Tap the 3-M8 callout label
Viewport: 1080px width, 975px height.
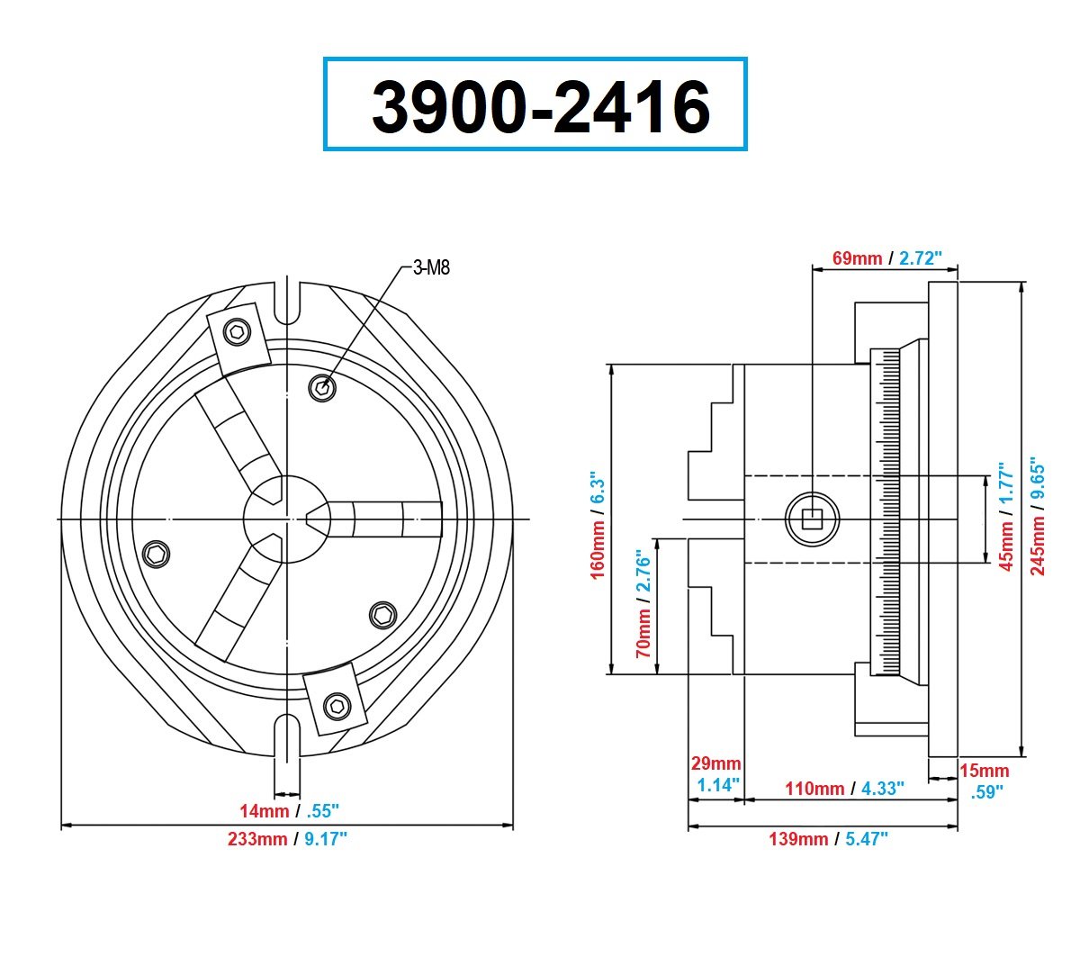[431, 267]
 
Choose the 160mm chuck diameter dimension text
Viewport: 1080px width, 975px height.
[597, 524]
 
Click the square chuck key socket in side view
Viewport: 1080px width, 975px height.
[813, 518]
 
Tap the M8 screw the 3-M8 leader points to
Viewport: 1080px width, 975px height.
[322, 388]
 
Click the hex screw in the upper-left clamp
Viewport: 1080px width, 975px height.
[238, 332]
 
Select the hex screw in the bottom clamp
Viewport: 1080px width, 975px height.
[337, 706]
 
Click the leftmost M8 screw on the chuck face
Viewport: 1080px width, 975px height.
[158, 555]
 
